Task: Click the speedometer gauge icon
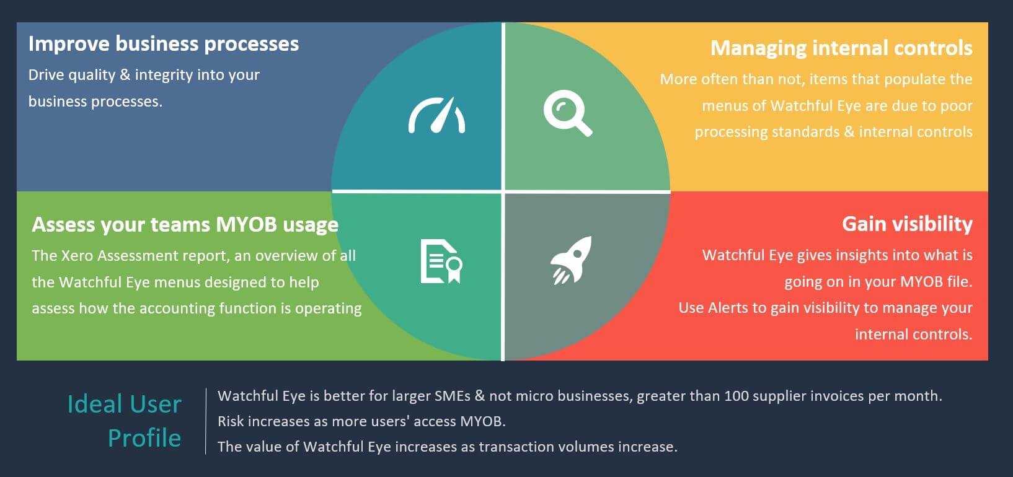436,115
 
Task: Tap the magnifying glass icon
568,113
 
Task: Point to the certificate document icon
441,261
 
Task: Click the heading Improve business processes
164,44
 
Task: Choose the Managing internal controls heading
841,48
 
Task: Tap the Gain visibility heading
907,224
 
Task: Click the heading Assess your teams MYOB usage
185,224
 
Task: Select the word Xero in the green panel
77,256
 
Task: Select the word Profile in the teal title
144,438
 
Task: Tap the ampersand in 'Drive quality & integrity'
125,75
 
